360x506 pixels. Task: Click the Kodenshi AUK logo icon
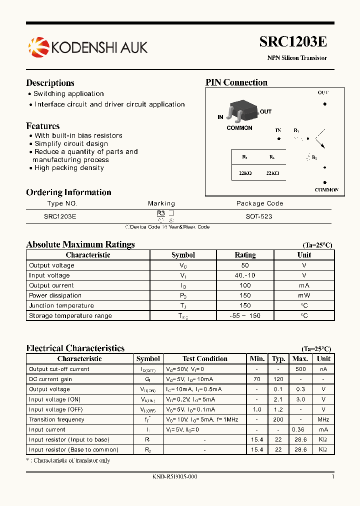pyautogui.click(x=38, y=47)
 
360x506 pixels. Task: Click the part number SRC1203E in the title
pyautogui.click(x=293, y=42)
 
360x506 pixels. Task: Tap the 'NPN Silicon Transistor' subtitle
pyautogui.click(x=297, y=58)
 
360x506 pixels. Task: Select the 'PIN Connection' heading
pyautogui.click(x=236, y=82)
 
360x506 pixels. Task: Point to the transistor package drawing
pyautogui.click(x=242, y=112)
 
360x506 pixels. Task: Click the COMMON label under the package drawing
pyautogui.click(x=239, y=128)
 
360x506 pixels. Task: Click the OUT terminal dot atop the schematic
pyautogui.click(x=325, y=104)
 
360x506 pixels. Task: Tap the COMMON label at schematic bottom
pyautogui.click(x=326, y=190)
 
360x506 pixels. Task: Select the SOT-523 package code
pyautogui.click(x=259, y=216)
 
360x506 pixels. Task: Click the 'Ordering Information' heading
pyautogui.click(x=68, y=192)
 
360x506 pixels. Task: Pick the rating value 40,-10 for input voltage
pyautogui.click(x=245, y=275)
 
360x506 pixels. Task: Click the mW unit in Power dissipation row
pyautogui.click(x=304, y=295)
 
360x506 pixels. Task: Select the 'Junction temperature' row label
pyautogui.click(x=61, y=305)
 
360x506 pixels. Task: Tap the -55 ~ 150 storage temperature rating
pyautogui.click(x=245, y=315)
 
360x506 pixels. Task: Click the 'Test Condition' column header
pyautogui.click(x=205, y=358)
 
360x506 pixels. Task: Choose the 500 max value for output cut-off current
pyautogui.click(x=300, y=369)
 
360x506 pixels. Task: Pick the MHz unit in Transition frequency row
pyautogui.click(x=323, y=419)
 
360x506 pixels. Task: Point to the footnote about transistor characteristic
pyautogui.click(x=68, y=460)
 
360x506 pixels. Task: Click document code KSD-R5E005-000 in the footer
pyautogui.click(x=174, y=477)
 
